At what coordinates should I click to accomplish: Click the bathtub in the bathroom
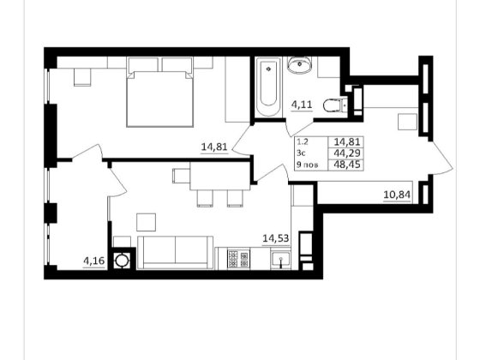[268, 87]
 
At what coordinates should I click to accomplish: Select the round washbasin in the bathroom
[299, 64]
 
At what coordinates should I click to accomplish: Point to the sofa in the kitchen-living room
[175, 253]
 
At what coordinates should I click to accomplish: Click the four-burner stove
[238, 259]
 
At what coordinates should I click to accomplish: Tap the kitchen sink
[280, 260]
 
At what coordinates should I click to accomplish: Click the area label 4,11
[302, 105]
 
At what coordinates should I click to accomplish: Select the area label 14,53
[276, 238]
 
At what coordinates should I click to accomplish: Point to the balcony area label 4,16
[94, 261]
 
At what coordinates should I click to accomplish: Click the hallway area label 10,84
[397, 195]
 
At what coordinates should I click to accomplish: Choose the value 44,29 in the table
[347, 153]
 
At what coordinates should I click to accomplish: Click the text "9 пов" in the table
[307, 165]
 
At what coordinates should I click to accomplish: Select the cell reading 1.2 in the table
[302, 142]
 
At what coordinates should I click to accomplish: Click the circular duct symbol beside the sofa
[122, 261]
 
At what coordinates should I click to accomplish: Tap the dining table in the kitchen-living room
[221, 176]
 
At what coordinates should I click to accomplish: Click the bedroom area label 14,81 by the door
[214, 147]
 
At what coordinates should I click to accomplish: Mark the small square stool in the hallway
[407, 122]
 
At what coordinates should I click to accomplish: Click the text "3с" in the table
[301, 153]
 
